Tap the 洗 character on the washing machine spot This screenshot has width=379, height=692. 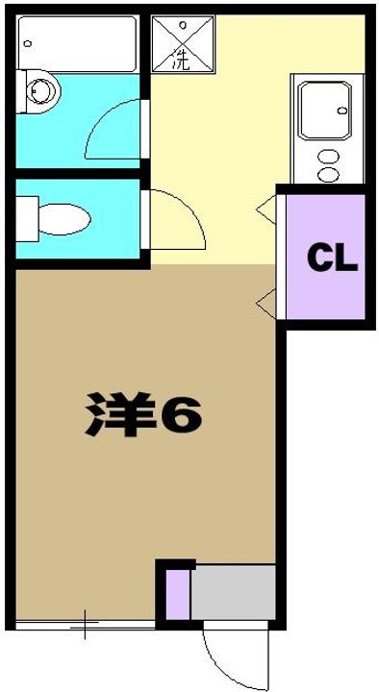(x=180, y=61)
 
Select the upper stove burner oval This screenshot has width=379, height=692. (x=330, y=156)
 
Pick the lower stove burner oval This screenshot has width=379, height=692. (x=330, y=175)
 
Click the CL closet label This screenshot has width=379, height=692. (x=332, y=258)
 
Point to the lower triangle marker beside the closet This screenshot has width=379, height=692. (x=264, y=305)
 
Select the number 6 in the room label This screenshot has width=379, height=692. (x=179, y=414)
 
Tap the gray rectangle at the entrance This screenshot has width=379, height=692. (x=234, y=594)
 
